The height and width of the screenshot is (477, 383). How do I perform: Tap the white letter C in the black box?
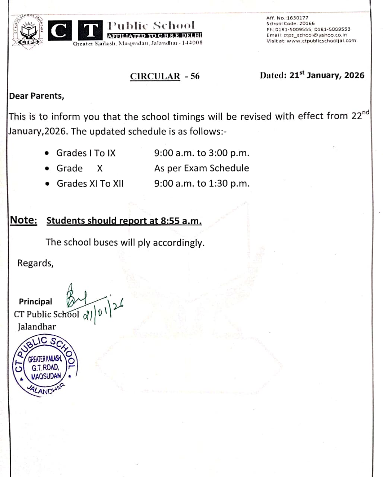pyautogui.click(x=58, y=31)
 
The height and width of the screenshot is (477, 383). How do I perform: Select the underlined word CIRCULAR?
pyautogui.click(x=155, y=76)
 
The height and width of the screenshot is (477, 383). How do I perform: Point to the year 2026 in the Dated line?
pyautogui.click(x=354, y=75)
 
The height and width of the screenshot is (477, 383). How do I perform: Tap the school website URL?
pyautogui.click(x=321, y=41)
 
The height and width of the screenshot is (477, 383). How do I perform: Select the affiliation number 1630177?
pyautogui.click(x=297, y=18)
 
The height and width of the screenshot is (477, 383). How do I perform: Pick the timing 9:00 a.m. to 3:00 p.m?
pyautogui.click(x=202, y=153)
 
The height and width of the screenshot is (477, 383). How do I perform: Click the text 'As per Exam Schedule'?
pyautogui.click(x=202, y=168)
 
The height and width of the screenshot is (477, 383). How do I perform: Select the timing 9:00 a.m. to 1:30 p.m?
pyautogui.click(x=202, y=183)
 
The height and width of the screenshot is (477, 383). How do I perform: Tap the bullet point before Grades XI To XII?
pyautogui.click(x=47, y=184)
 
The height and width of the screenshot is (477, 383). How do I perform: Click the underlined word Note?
pyautogui.click(x=23, y=220)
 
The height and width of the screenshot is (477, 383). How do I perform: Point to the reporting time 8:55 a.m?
pyautogui.click(x=181, y=221)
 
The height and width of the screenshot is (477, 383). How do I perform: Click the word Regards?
pyautogui.click(x=35, y=263)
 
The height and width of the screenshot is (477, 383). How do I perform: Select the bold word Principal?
pyautogui.click(x=35, y=301)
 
